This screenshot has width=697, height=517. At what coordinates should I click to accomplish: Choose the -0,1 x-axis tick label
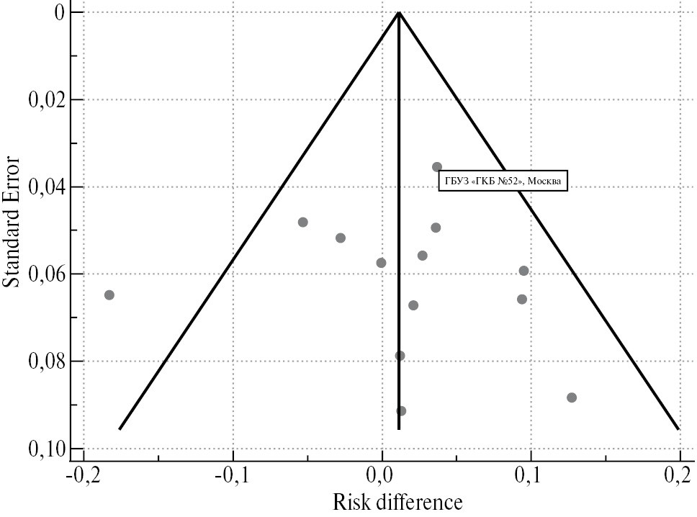tap(230, 477)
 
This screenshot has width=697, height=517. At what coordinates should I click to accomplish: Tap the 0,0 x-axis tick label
tap(382, 477)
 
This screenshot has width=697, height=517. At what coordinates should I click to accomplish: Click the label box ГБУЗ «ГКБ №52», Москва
tap(503, 181)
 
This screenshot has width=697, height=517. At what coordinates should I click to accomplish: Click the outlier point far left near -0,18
tap(109, 295)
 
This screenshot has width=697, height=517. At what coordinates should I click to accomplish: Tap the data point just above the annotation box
tap(437, 167)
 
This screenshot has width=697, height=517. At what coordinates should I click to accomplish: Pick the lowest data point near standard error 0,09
tap(401, 411)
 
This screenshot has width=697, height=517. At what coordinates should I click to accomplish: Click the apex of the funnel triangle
tap(399, 12)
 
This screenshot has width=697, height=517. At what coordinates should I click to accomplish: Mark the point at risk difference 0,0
tap(382, 263)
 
